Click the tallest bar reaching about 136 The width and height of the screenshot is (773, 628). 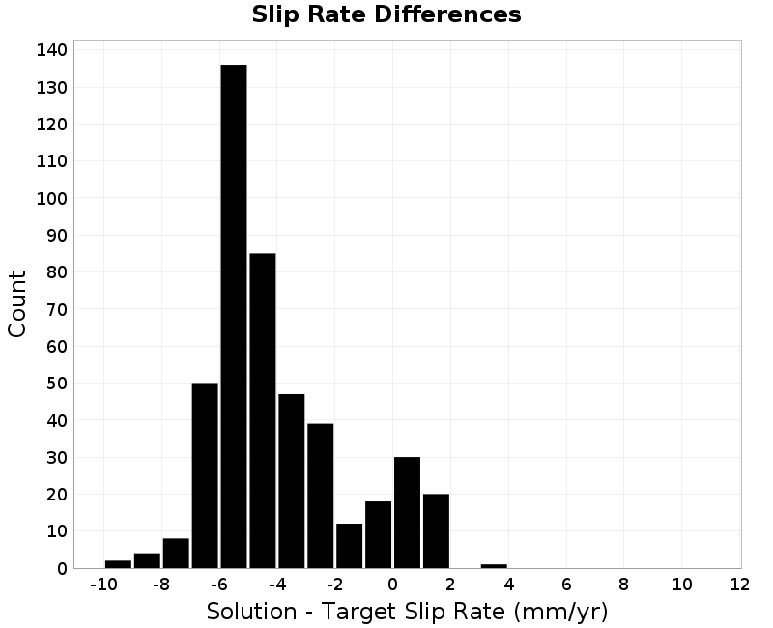click(234, 316)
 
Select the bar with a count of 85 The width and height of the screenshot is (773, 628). click(263, 411)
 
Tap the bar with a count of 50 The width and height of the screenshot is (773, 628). click(205, 475)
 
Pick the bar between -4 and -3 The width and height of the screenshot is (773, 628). click(292, 481)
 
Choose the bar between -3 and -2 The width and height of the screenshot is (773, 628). click(321, 496)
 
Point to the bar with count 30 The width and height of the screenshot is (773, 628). click(407, 513)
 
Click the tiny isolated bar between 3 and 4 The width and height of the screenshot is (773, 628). click(494, 566)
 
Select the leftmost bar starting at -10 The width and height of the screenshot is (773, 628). click(118, 564)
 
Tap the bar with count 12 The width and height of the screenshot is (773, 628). click(350, 546)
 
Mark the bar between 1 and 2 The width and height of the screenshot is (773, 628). click(437, 530)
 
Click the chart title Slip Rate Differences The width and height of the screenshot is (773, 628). click(386, 14)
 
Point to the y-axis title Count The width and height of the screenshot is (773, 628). click(16, 303)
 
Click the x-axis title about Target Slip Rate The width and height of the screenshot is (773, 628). click(407, 612)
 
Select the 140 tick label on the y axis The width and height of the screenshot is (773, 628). click(52, 50)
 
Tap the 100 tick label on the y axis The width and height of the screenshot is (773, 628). click(52, 198)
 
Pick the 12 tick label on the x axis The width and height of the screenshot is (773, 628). click(739, 585)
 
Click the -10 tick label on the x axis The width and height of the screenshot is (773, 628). click(103, 585)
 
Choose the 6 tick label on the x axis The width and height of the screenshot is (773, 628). click(566, 585)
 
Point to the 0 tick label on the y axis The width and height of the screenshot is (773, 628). click(62, 569)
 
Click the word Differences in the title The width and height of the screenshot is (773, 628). click(447, 14)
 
